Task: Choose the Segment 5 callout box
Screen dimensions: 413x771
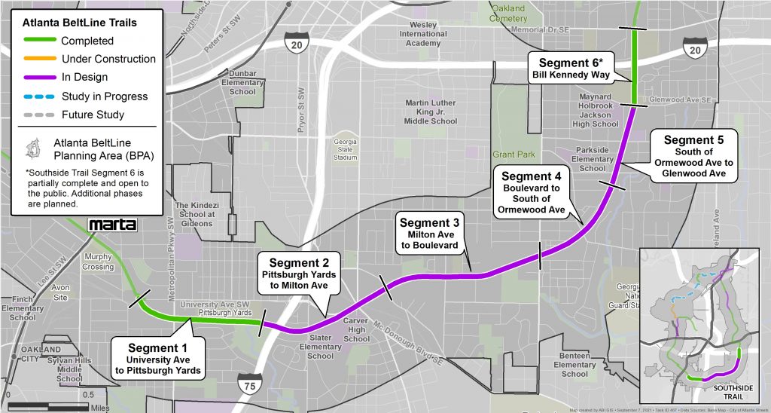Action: click(693, 157)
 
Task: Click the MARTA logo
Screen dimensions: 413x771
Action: click(113, 225)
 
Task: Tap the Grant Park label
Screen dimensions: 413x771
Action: click(513, 154)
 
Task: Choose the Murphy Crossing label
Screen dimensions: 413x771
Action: click(98, 262)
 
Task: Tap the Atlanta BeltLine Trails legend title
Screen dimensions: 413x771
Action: click(80, 23)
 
